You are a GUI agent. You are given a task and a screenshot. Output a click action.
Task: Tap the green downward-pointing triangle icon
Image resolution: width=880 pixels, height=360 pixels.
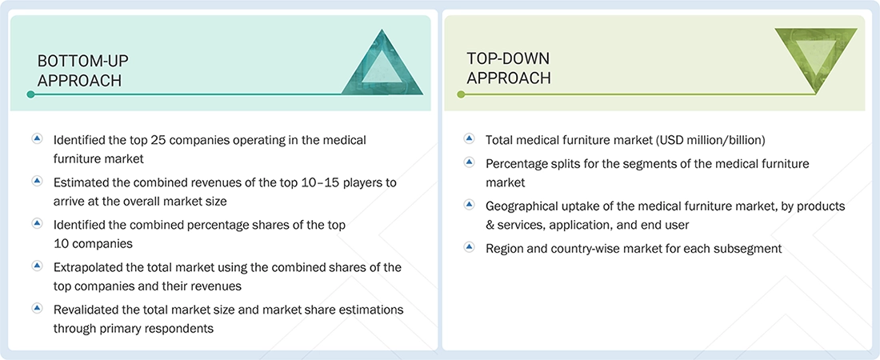(815, 57)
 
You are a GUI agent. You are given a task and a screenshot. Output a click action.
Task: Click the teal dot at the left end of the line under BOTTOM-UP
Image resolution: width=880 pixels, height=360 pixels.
(30, 94)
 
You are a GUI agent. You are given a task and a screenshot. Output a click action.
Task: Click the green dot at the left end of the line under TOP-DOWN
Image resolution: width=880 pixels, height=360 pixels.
(461, 94)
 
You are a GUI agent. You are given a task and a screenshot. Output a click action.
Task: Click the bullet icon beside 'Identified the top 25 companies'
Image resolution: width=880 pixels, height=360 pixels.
(37, 139)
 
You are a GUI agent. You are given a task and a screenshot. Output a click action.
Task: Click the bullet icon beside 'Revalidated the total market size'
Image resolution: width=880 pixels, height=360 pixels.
(37, 308)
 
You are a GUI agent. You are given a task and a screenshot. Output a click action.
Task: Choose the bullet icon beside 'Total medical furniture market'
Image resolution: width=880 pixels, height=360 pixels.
(469, 139)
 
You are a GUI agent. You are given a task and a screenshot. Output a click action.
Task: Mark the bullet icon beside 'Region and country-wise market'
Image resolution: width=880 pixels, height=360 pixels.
(469, 247)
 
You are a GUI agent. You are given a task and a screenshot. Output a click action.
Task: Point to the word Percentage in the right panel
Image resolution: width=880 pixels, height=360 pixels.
(518, 163)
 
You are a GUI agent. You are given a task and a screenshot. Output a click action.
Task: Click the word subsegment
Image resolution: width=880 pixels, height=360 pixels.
(748, 248)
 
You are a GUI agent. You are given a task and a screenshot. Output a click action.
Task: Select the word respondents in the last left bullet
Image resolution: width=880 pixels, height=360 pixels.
(181, 328)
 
